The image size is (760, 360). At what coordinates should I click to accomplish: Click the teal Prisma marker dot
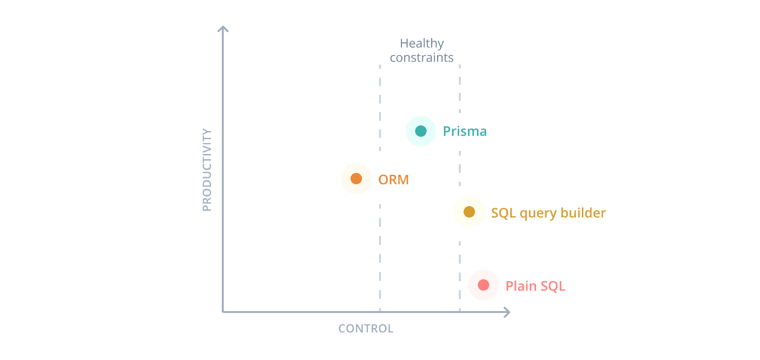click(421, 131)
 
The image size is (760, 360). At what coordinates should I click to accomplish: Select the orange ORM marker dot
click(356, 179)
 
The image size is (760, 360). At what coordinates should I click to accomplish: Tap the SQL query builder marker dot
click(469, 212)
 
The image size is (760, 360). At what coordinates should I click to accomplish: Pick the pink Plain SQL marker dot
click(484, 285)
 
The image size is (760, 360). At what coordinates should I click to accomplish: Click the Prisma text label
click(465, 132)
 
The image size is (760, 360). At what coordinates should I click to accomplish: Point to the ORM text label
click(393, 180)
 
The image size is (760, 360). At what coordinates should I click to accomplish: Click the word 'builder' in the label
click(583, 213)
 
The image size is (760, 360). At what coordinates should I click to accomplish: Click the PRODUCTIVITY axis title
click(207, 170)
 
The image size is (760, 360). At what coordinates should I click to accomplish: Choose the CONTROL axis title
click(366, 329)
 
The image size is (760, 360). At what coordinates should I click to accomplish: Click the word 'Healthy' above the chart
click(422, 44)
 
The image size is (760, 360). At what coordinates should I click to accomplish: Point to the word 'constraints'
click(422, 58)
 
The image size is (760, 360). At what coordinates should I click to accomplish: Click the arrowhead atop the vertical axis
click(223, 28)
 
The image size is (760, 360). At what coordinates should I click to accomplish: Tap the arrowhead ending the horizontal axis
click(507, 312)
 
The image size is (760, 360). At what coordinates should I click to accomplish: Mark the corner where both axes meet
click(223, 312)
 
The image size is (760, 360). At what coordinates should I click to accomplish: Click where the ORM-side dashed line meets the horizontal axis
click(380, 312)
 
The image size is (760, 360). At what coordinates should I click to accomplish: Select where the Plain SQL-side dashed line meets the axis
click(460, 312)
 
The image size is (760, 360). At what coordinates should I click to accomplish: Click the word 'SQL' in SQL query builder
click(503, 213)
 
